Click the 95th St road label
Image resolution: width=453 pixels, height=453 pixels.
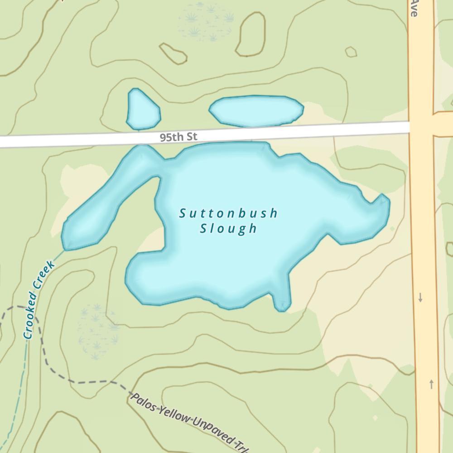[178, 137]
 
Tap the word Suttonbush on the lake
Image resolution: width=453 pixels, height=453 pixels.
[228, 213]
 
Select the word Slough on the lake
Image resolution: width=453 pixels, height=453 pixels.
[228, 228]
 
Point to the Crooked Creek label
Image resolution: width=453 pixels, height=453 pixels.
[39, 299]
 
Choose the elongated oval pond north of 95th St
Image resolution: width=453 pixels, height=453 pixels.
[256, 110]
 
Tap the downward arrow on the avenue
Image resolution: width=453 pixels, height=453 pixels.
[420, 298]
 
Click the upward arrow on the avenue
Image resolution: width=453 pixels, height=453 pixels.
[431, 384]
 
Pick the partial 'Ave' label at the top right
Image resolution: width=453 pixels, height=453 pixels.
[413, 8]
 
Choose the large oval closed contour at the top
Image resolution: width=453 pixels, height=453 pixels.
[250, 34]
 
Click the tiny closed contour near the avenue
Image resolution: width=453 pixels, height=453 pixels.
[351, 52]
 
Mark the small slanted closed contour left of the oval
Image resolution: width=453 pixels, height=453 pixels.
[173, 53]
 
